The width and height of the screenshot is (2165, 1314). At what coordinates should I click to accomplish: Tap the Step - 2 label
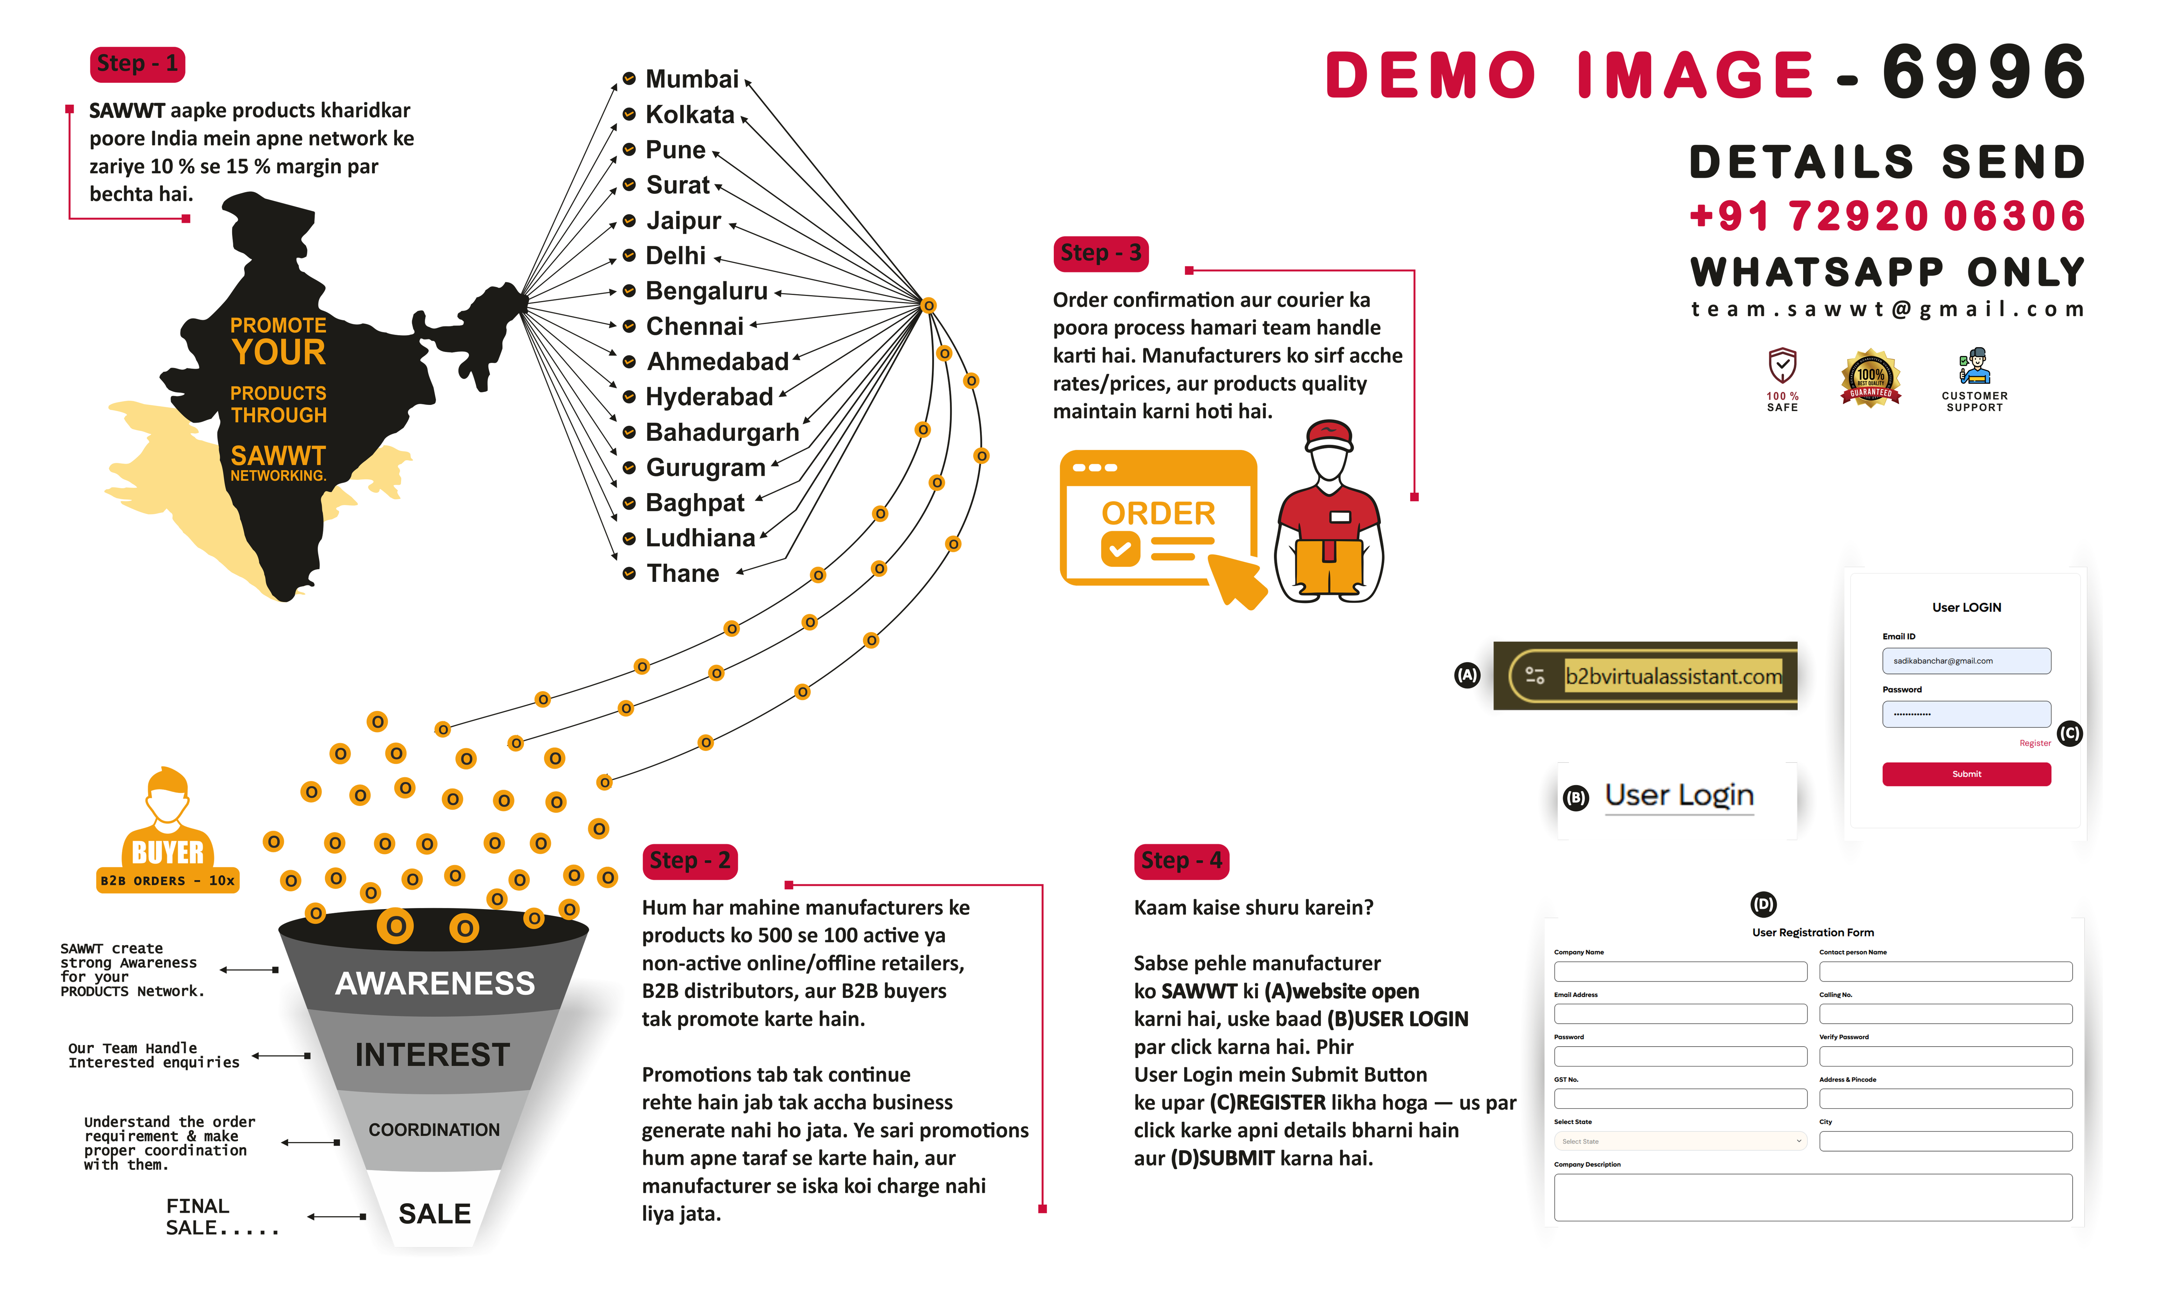[690, 861]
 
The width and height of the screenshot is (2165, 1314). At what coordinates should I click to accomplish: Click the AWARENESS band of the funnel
[435, 983]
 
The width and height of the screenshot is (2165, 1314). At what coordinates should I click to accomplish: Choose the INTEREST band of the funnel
[432, 1055]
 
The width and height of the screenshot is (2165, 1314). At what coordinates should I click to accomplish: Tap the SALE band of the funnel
[434, 1214]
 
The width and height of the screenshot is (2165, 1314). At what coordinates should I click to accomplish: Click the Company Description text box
[1813, 1197]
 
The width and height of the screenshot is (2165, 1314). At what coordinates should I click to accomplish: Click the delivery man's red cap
[1329, 433]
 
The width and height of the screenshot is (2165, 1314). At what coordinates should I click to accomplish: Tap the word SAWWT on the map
[278, 455]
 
